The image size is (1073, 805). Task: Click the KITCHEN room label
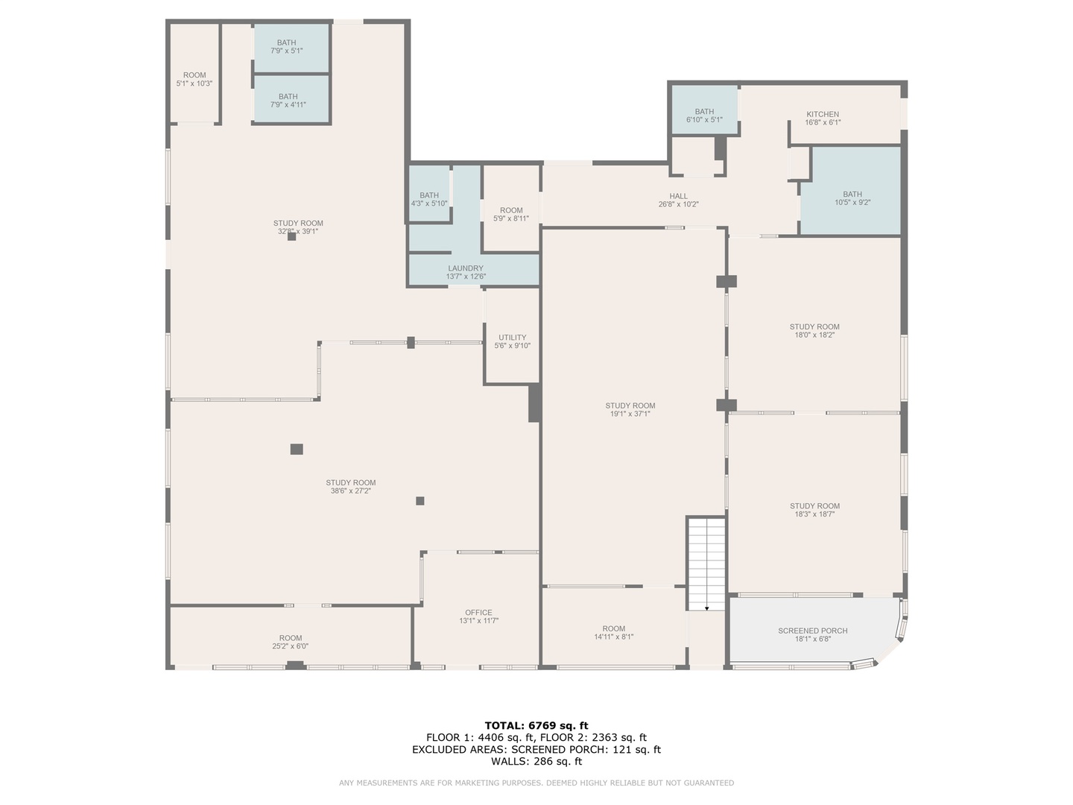[x=823, y=114]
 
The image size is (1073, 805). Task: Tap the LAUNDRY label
[x=466, y=268]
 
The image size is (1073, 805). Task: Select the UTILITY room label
[x=513, y=338]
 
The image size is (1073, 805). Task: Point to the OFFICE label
[x=478, y=613]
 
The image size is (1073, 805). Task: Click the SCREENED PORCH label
[x=812, y=631]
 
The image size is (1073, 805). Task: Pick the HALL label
[x=679, y=196]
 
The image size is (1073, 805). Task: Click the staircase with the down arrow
[x=706, y=563]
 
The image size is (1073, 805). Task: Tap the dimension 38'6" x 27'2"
[x=351, y=490]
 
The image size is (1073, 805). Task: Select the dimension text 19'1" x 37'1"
[x=630, y=414]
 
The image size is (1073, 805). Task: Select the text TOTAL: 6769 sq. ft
[x=536, y=725]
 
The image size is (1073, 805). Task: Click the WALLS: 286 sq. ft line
[x=536, y=761]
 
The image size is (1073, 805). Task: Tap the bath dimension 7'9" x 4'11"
[x=288, y=104]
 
